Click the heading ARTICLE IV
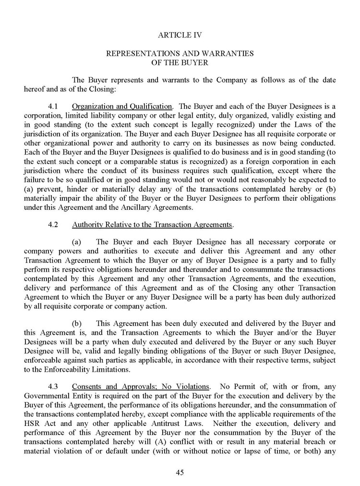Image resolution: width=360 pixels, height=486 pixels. tap(180, 35)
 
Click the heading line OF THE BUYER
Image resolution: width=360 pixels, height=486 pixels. tap(180, 62)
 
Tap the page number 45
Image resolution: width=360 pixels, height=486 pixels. tap(180, 472)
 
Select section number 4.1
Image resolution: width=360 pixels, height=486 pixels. tap(53, 106)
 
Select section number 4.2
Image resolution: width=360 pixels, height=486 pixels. tap(53, 224)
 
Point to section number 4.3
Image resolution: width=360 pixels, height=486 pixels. tap(53, 386)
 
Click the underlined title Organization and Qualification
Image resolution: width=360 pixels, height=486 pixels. tap(122, 106)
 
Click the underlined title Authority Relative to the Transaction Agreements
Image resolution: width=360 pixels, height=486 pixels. tap(152, 224)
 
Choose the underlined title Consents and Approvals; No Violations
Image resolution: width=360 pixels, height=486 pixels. tap(141, 386)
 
